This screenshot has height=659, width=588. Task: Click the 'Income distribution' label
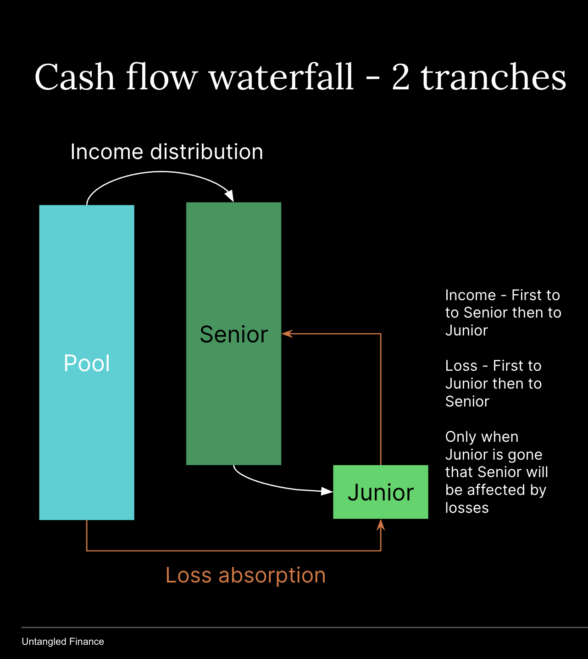click(167, 152)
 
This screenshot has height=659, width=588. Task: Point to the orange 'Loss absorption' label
click(245, 575)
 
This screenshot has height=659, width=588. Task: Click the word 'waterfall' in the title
click(281, 77)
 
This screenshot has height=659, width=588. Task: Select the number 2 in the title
click(400, 77)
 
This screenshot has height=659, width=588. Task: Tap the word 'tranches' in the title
click(494, 77)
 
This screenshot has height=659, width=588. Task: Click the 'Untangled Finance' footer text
click(63, 642)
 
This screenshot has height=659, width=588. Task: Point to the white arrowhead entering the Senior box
click(229, 196)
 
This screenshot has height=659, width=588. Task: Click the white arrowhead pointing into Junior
click(327, 491)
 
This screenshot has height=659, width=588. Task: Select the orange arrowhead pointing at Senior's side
click(287, 334)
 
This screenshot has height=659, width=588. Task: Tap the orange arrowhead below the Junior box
click(381, 525)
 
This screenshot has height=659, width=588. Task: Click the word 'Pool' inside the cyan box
click(87, 363)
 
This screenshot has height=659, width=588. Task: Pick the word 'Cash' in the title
click(74, 77)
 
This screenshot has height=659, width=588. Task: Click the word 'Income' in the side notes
click(471, 295)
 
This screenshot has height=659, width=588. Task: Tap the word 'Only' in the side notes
click(460, 437)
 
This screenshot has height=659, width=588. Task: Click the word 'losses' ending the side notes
click(467, 508)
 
